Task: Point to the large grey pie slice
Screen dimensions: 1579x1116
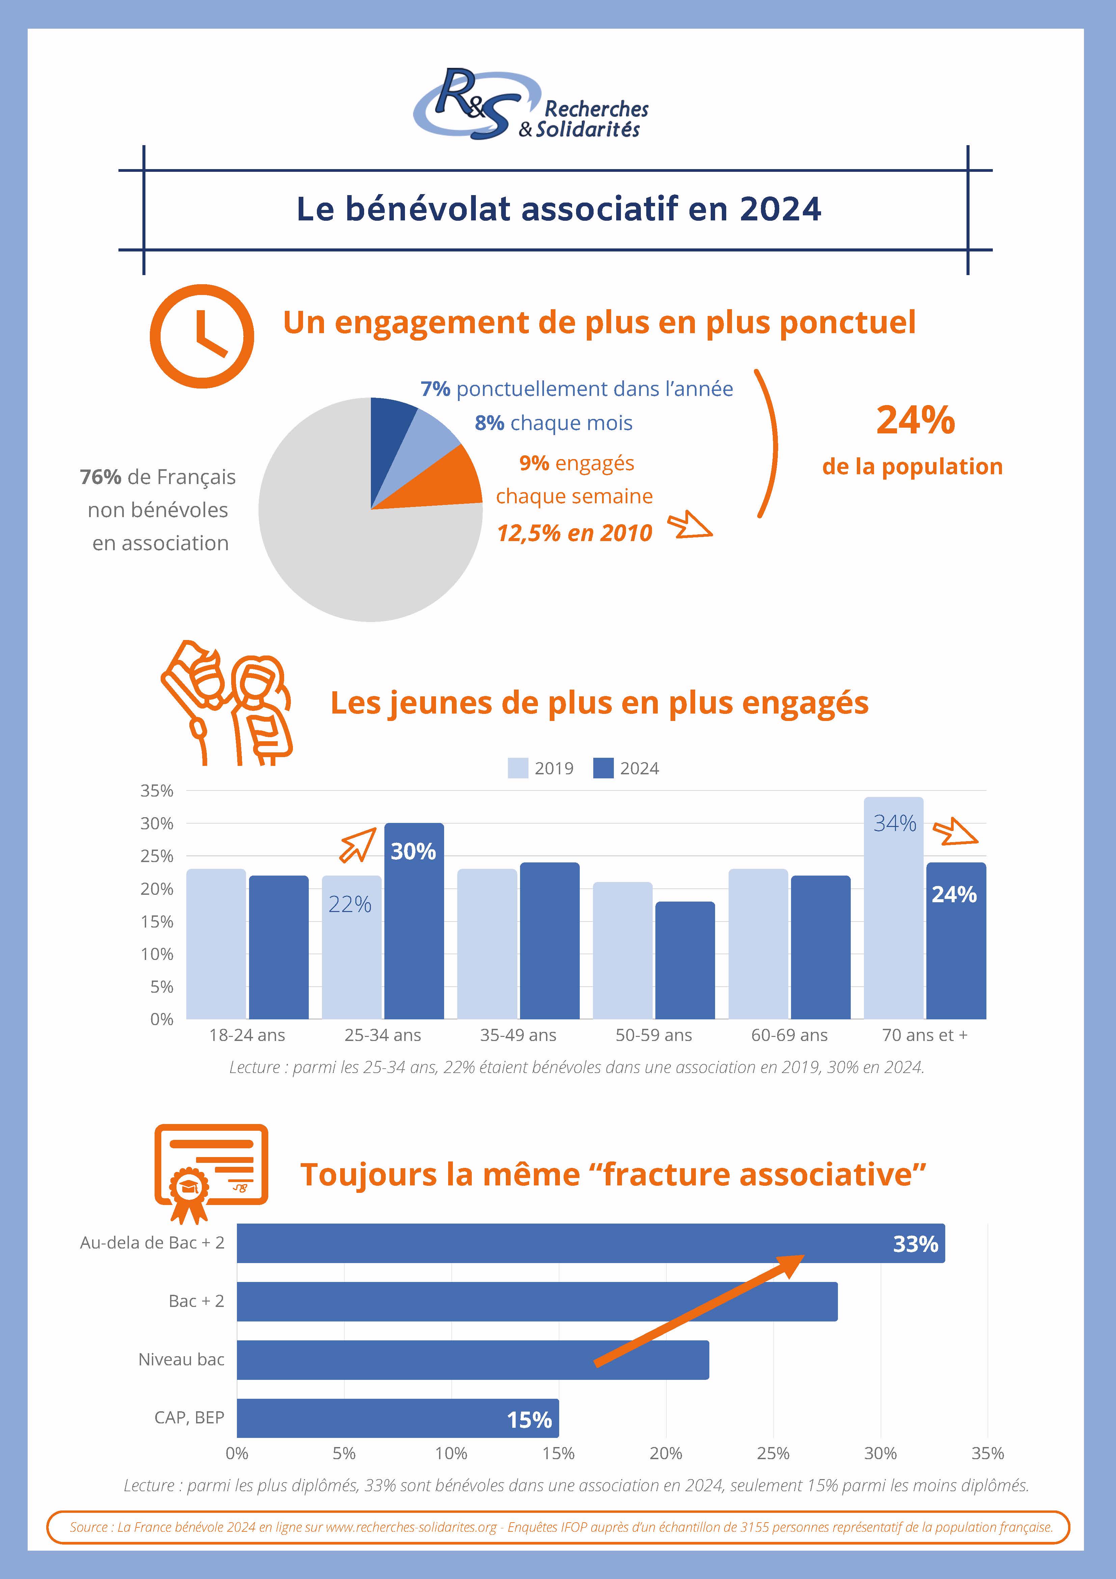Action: coord(344,543)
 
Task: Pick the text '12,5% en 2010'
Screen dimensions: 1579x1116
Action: coord(574,533)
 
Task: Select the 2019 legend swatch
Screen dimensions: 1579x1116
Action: coord(518,768)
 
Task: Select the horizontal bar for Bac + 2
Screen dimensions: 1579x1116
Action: coord(536,1301)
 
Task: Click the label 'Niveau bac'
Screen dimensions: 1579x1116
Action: coord(182,1360)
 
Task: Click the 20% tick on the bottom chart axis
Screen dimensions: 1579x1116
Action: coord(665,1453)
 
